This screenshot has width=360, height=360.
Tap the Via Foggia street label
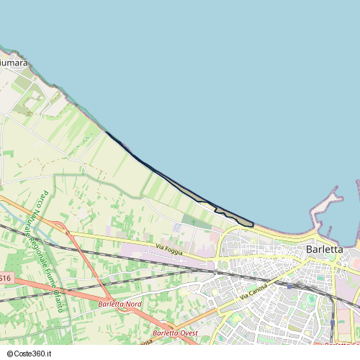coord(170,249)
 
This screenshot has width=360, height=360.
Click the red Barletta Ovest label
coord(176,333)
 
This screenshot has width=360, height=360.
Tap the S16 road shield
coord(5,278)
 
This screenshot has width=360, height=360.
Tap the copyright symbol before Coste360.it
coord(8,354)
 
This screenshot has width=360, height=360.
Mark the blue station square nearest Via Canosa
coord(289,286)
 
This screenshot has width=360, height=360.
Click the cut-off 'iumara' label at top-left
coord(13,63)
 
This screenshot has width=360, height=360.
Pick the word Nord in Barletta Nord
coord(134,305)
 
